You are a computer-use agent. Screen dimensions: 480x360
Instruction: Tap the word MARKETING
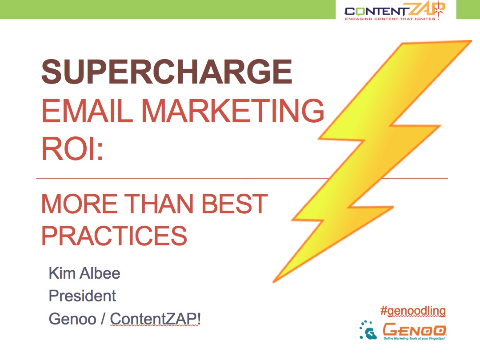pyautogui.click(x=232, y=111)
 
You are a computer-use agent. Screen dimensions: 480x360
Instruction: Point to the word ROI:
pyautogui.click(x=72, y=148)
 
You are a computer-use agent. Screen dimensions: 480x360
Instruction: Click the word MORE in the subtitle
pyautogui.click(x=79, y=204)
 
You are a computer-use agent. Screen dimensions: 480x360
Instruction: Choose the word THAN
pyautogui.click(x=159, y=204)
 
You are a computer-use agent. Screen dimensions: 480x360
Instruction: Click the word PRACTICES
pyautogui.click(x=114, y=236)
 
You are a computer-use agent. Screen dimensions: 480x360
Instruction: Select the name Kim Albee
pyautogui.click(x=84, y=273)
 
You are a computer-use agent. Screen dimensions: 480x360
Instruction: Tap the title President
pyautogui.click(x=82, y=296)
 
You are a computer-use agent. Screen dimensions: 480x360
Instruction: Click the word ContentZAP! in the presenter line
pyautogui.click(x=156, y=319)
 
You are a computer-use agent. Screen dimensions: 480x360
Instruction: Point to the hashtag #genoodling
pyautogui.click(x=413, y=311)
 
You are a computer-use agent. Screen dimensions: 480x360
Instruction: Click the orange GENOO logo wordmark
pyautogui.click(x=415, y=329)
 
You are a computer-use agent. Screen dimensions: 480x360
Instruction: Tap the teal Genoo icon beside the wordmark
pyautogui.click(x=368, y=330)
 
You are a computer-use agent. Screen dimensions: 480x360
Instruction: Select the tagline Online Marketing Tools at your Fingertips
pyautogui.click(x=414, y=338)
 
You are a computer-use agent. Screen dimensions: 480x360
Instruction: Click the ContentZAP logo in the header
pyautogui.click(x=395, y=10)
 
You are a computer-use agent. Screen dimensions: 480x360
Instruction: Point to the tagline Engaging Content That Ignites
pyautogui.click(x=390, y=19)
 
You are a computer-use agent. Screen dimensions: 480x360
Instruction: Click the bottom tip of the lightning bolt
pyautogui.click(x=273, y=281)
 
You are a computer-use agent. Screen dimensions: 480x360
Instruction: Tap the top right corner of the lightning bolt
pyautogui.click(x=471, y=41)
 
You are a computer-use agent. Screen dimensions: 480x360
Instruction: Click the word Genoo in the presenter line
pyautogui.click(x=72, y=319)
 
